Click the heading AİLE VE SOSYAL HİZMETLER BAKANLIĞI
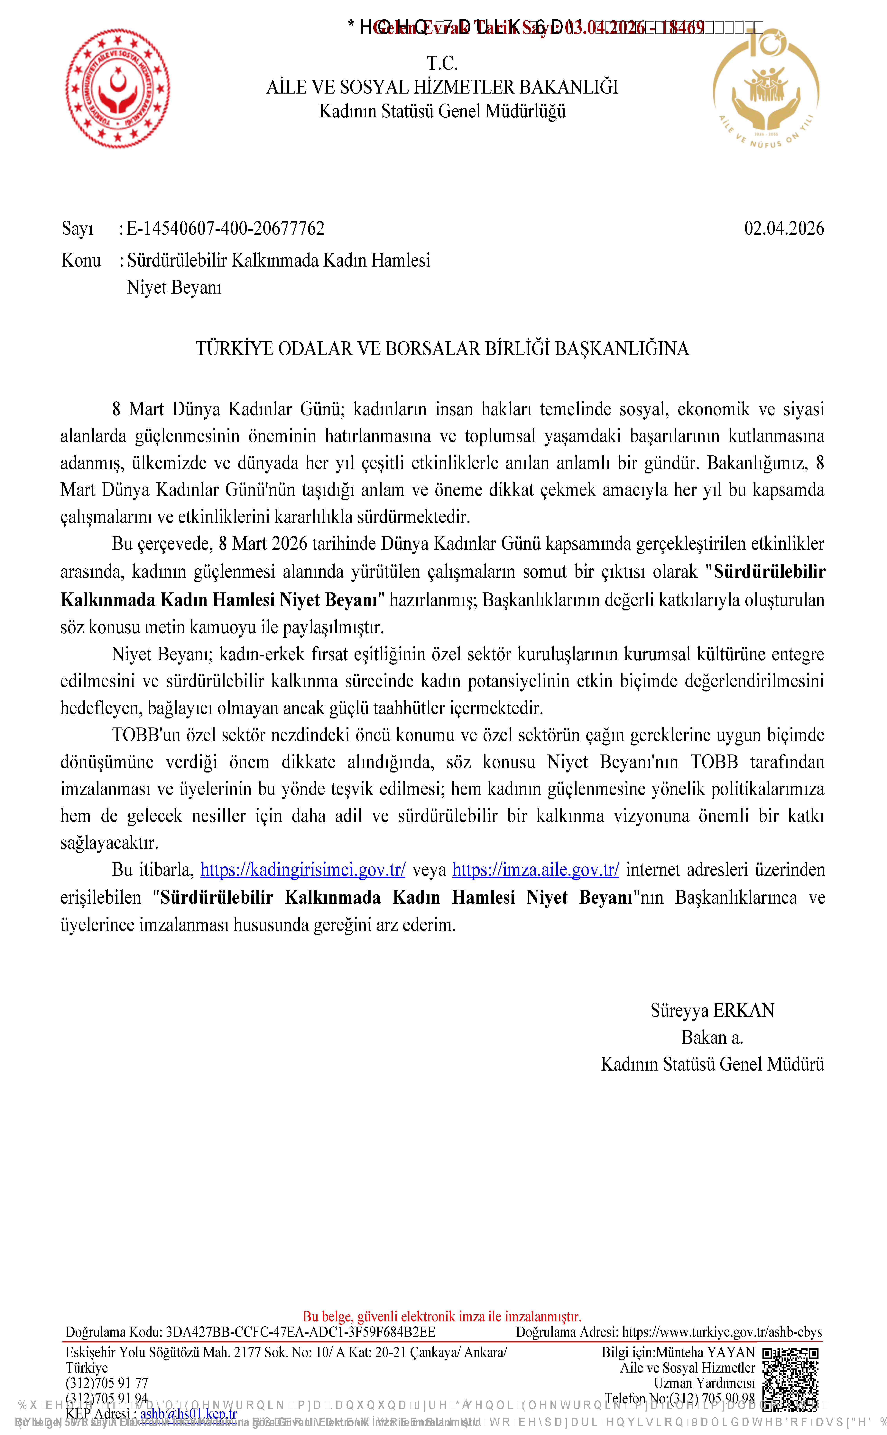[x=442, y=87]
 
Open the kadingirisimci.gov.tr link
[x=303, y=869]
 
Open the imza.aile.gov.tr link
[x=536, y=869]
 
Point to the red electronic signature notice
[x=442, y=1317]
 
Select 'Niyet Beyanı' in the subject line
[x=174, y=287]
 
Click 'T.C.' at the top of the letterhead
[x=442, y=63]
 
